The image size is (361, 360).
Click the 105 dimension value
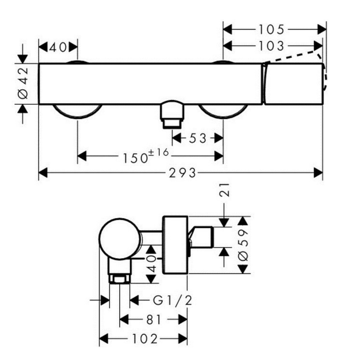click(272, 29)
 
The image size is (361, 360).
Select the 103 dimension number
click(272, 46)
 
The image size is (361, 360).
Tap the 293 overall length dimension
click(182, 173)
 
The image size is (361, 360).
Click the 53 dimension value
click(198, 138)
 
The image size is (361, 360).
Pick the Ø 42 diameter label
click(23, 83)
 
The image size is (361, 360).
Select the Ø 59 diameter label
click(243, 245)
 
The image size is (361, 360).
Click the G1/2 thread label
click(172, 300)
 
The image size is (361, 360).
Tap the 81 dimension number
click(153, 319)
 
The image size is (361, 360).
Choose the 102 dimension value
click(145, 339)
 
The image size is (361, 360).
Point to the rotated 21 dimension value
click(224, 190)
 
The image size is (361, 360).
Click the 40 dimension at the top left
click(58, 47)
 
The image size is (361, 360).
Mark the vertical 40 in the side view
click(151, 263)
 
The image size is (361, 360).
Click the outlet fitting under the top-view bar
click(172, 114)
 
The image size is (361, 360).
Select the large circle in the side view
click(120, 239)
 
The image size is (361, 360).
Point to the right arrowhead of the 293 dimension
click(319, 173)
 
